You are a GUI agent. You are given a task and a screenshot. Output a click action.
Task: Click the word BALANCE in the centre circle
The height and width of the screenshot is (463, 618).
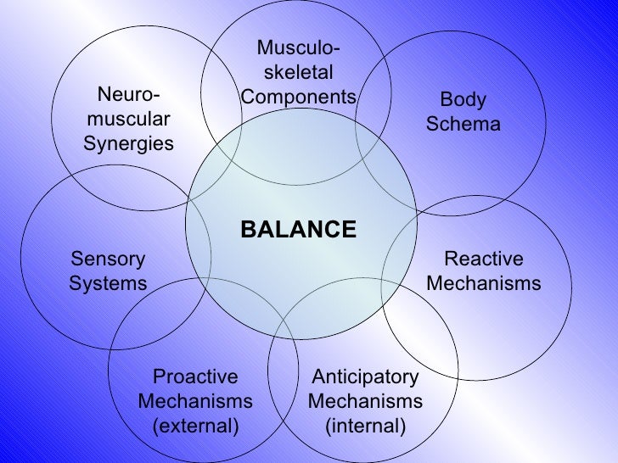[x=299, y=230]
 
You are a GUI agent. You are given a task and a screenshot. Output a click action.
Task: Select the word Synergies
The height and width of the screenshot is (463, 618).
[x=128, y=143]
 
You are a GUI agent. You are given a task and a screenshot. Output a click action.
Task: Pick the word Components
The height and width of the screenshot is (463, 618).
[x=299, y=97]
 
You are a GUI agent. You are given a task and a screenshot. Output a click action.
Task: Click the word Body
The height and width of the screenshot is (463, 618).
[x=463, y=100]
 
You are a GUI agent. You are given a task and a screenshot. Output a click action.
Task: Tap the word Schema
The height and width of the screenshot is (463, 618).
[x=463, y=125]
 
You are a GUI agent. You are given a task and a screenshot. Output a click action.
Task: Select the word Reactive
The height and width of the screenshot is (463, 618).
[x=484, y=259]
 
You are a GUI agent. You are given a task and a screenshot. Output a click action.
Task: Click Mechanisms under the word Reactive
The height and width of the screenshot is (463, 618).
[x=484, y=283]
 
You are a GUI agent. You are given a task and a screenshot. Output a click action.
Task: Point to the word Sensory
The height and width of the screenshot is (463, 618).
[x=108, y=259]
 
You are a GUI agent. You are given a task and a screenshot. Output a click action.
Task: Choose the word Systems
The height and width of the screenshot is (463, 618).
[x=108, y=283]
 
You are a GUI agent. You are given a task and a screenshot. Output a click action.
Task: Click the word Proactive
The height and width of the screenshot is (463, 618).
[x=195, y=377]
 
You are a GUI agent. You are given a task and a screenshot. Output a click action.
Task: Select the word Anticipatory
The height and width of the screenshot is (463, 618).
[x=365, y=377]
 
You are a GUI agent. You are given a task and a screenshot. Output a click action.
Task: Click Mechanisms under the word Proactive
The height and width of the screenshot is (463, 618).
[x=195, y=400]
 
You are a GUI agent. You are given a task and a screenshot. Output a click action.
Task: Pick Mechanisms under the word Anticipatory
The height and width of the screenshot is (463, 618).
[x=365, y=400]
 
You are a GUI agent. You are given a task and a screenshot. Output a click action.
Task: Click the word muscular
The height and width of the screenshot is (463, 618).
[x=128, y=119]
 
